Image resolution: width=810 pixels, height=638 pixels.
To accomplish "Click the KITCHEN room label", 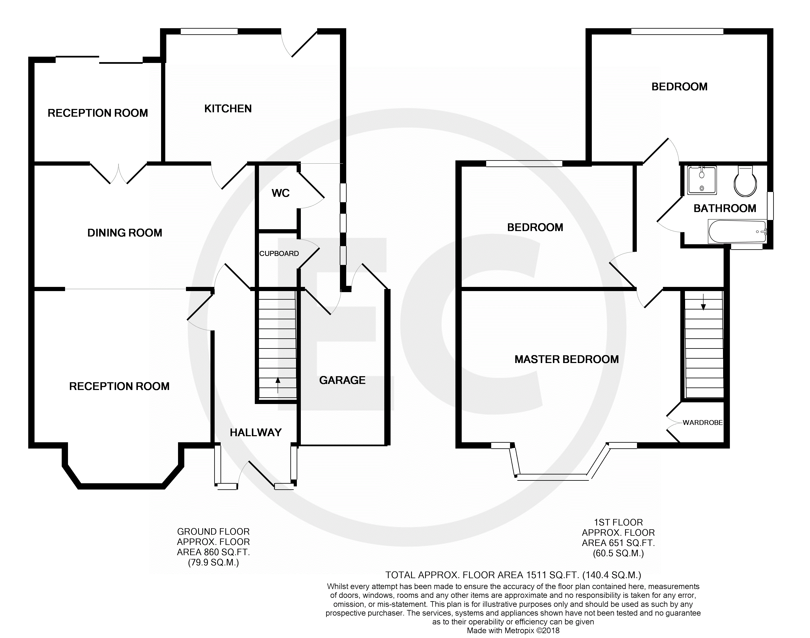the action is [228, 109].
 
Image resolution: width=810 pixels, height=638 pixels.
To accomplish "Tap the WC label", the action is [281, 193].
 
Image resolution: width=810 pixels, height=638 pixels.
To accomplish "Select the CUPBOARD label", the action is [279, 254].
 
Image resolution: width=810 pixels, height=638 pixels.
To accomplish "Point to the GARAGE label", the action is [342, 380].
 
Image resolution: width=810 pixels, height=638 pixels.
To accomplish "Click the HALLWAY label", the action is [256, 433].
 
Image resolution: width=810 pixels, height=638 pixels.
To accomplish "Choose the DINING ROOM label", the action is [125, 233].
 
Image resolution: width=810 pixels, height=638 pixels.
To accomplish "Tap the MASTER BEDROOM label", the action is [567, 359].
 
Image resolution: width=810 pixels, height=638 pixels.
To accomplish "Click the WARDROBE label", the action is [703, 423].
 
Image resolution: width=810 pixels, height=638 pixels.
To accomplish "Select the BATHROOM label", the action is [725, 208].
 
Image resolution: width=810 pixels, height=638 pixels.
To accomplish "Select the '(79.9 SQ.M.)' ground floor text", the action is [213, 563].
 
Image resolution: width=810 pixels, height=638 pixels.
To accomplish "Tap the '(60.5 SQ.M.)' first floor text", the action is [618, 553].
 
